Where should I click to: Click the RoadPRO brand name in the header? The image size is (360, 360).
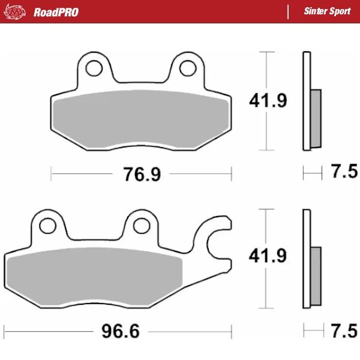56,12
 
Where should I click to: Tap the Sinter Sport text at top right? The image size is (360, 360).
327,11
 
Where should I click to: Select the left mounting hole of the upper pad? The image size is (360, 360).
93,69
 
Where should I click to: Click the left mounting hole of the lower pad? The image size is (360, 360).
47,225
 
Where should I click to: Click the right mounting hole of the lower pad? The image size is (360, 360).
141,225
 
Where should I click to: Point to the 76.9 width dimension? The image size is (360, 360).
142,175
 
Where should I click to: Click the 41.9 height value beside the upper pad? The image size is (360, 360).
268,101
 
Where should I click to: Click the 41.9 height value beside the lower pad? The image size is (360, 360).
268,256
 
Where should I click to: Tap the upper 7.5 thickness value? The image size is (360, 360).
344,173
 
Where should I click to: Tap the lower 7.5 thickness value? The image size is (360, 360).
344,331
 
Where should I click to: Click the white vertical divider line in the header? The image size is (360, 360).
289,11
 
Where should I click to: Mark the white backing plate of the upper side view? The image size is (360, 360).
307,102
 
